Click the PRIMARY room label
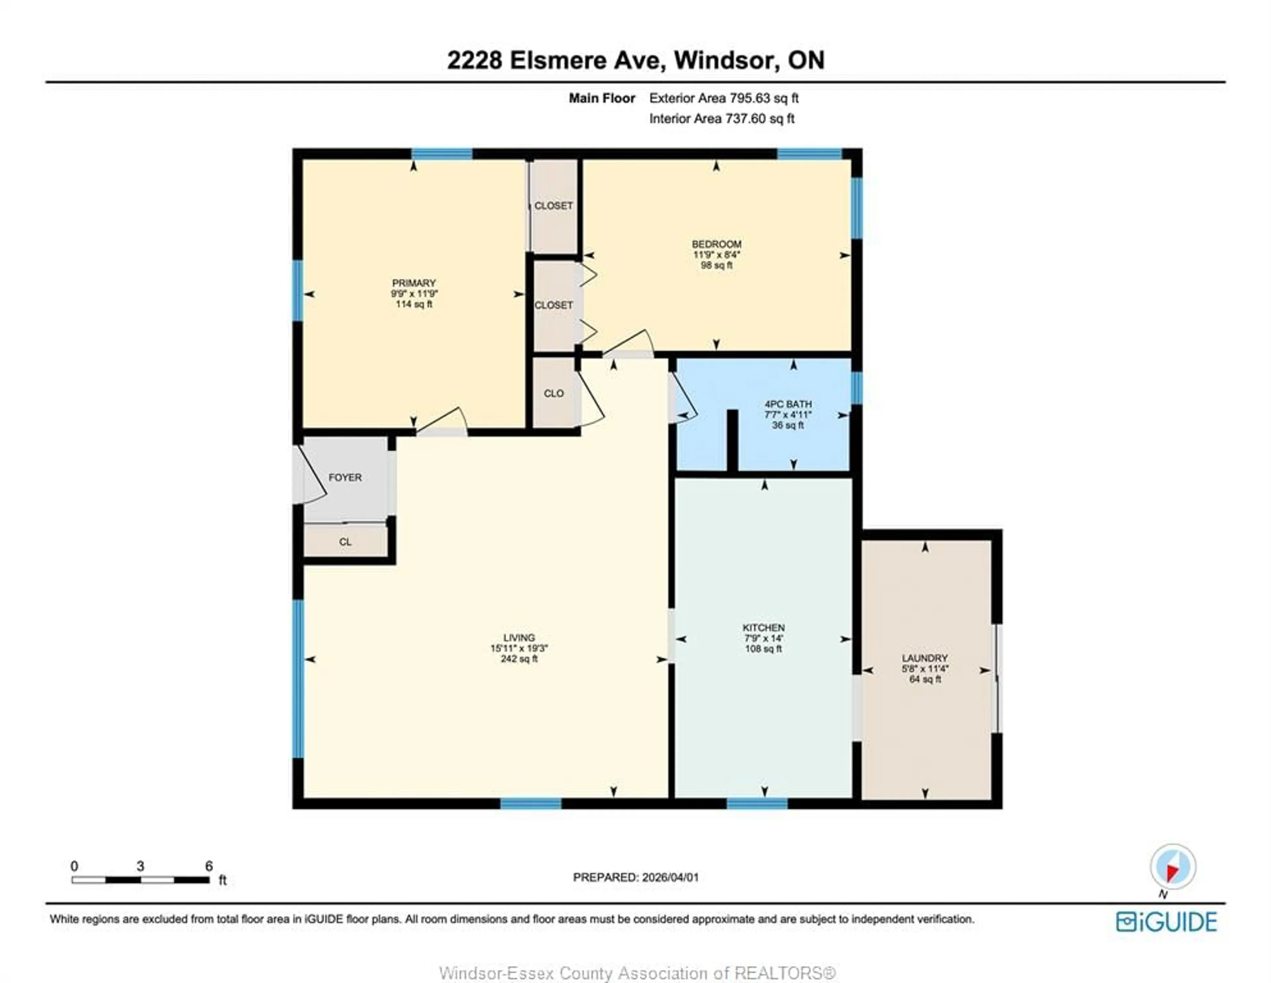coord(414,283)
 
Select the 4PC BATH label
coord(788,404)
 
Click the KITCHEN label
coord(764,628)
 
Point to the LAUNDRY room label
coord(925,658)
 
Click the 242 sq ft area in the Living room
coord(519,659)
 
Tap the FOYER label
coord(345,477)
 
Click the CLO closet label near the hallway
coord(553,394)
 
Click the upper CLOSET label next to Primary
coord(553,206)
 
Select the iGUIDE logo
coord(1166,922)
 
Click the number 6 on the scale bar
coord(209,866)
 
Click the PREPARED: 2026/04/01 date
coord(635,877)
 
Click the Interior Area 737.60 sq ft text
coord(722,119)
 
